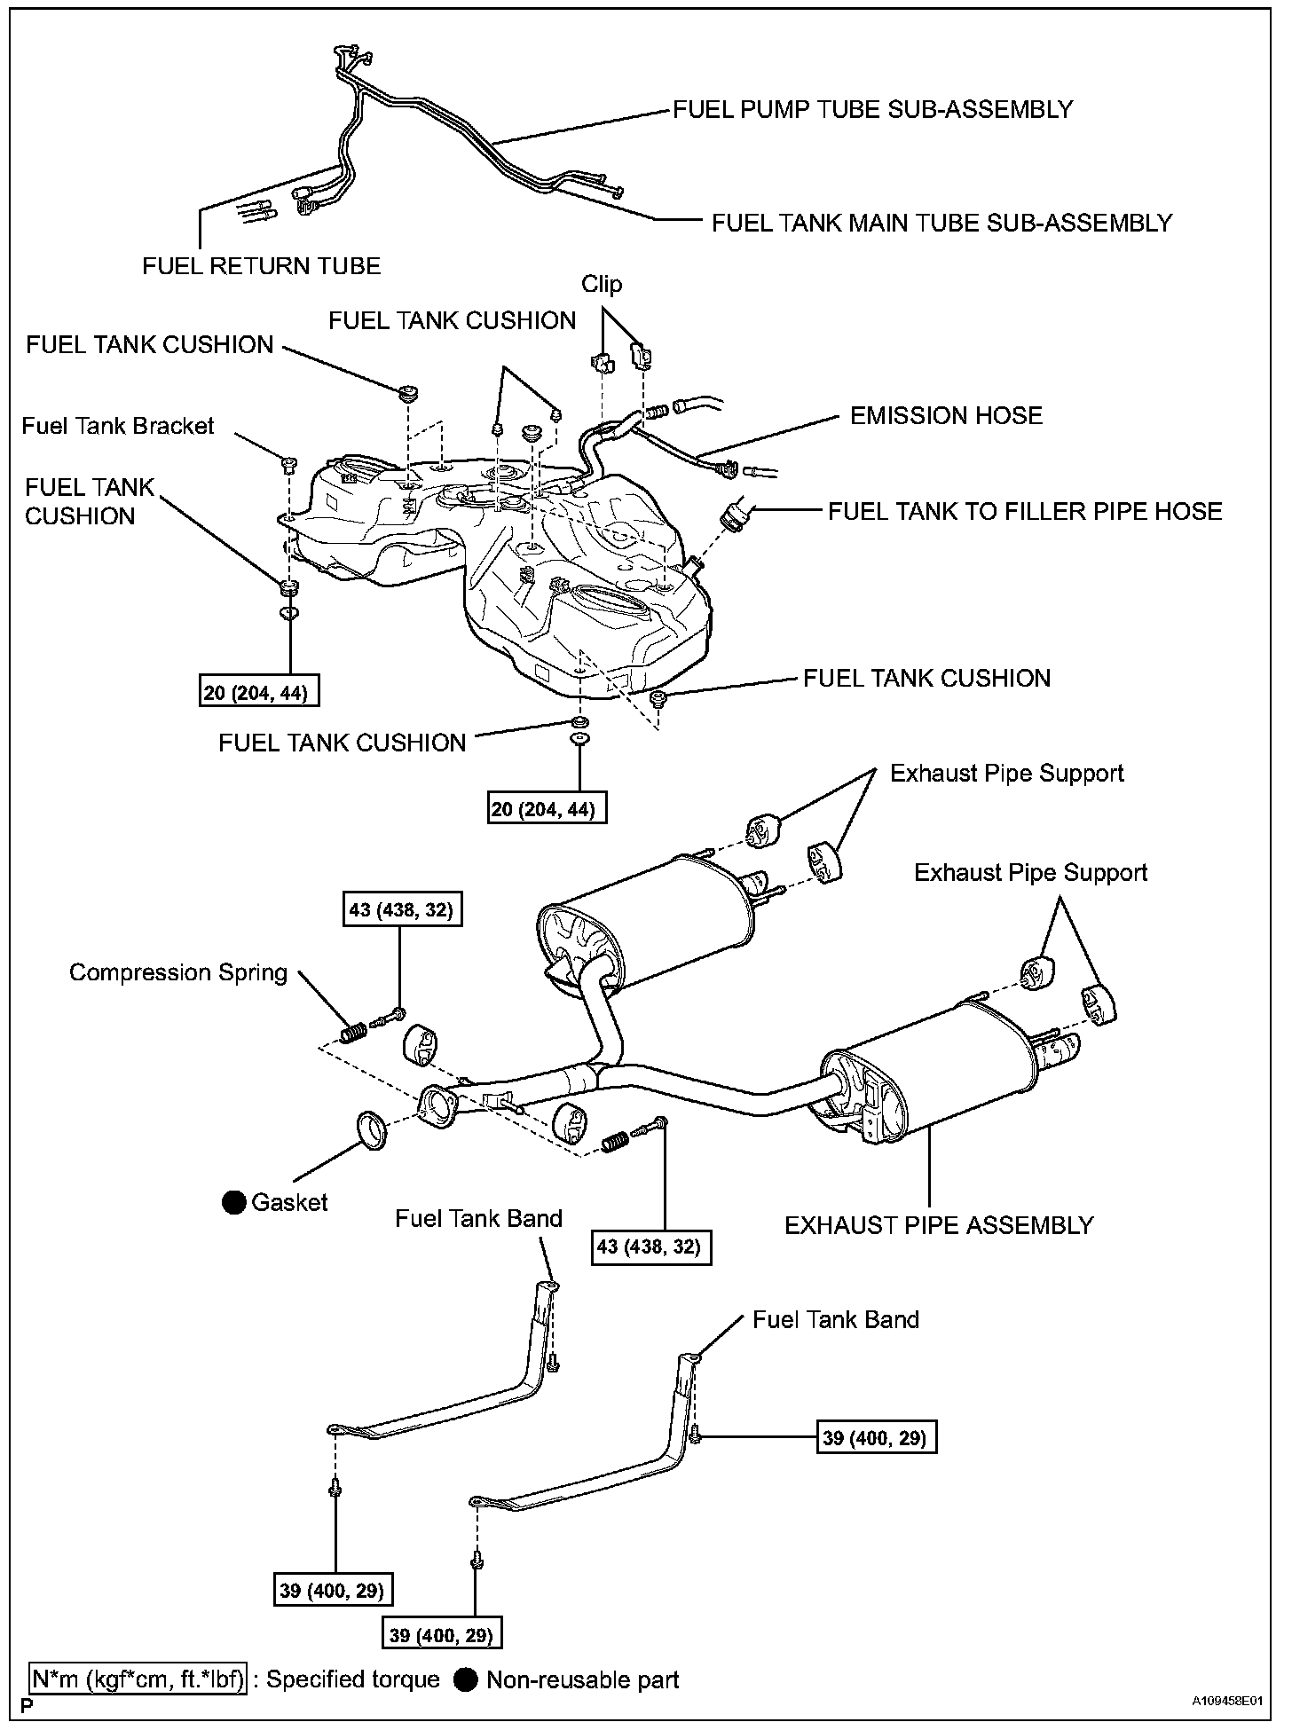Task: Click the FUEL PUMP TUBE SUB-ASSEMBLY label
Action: [872, 109]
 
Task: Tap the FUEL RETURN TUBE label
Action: [261, 265]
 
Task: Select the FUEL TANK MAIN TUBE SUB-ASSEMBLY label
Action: [941, 223]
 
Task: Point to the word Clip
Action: [602, 284]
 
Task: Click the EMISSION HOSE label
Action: [946, 415]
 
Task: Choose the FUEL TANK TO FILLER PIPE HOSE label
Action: [1025, 511]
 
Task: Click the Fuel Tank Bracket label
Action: [118, 426]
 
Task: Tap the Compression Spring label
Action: [178, 972]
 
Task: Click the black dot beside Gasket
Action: [234, 1202]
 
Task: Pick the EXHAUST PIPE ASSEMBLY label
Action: [939, 1225]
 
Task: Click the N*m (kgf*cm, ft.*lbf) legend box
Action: [138, 1679]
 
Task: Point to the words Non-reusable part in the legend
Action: [583, 1679]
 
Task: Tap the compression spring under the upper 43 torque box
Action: [353, 1033]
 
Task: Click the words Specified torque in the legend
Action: [352, 1679]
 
